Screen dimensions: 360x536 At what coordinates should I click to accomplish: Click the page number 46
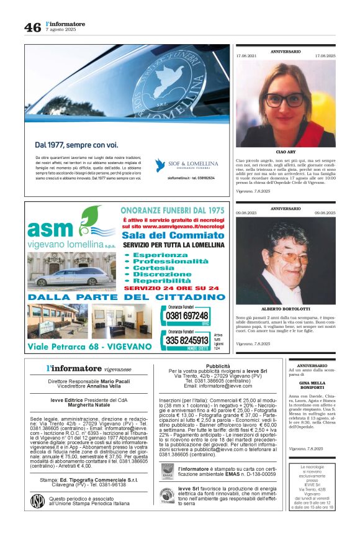[x=32, y=28]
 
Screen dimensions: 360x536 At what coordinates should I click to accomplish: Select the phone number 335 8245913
[x=187, y=340]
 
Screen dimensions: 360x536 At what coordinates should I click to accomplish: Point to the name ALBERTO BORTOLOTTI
[x=286, y=309]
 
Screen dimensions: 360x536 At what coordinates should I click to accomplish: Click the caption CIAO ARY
[x=286, y=152]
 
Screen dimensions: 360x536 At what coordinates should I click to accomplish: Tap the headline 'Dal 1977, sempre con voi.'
[x=76, y=145]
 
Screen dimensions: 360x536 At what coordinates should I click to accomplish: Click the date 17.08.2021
[x=246, y=55]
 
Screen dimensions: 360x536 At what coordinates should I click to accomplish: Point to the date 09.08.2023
[x=246, y=212]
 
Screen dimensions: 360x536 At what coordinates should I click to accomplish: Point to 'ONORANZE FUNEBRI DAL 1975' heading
[x=173, y=211]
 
